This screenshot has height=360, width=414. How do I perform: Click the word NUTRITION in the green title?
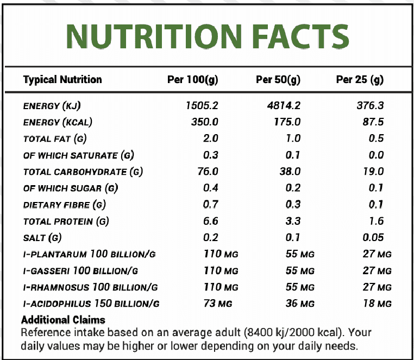coord(145,35)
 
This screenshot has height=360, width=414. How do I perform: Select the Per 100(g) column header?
coord(192,80)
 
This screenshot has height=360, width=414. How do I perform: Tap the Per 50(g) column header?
coord(278,80)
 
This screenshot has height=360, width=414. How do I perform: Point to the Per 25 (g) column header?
coord(360,80)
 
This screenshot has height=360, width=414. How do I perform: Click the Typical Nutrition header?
coord(62,80)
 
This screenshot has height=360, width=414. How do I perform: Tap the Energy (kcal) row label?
coord(58,122)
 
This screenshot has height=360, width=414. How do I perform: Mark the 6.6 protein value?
coord(210,221)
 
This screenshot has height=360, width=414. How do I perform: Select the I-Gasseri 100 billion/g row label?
coord(80,270)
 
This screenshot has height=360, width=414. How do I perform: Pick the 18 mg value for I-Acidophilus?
coord(377,303)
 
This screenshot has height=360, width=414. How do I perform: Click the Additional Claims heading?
coord(63,320)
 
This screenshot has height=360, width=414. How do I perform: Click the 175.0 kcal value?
coord(287,122)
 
